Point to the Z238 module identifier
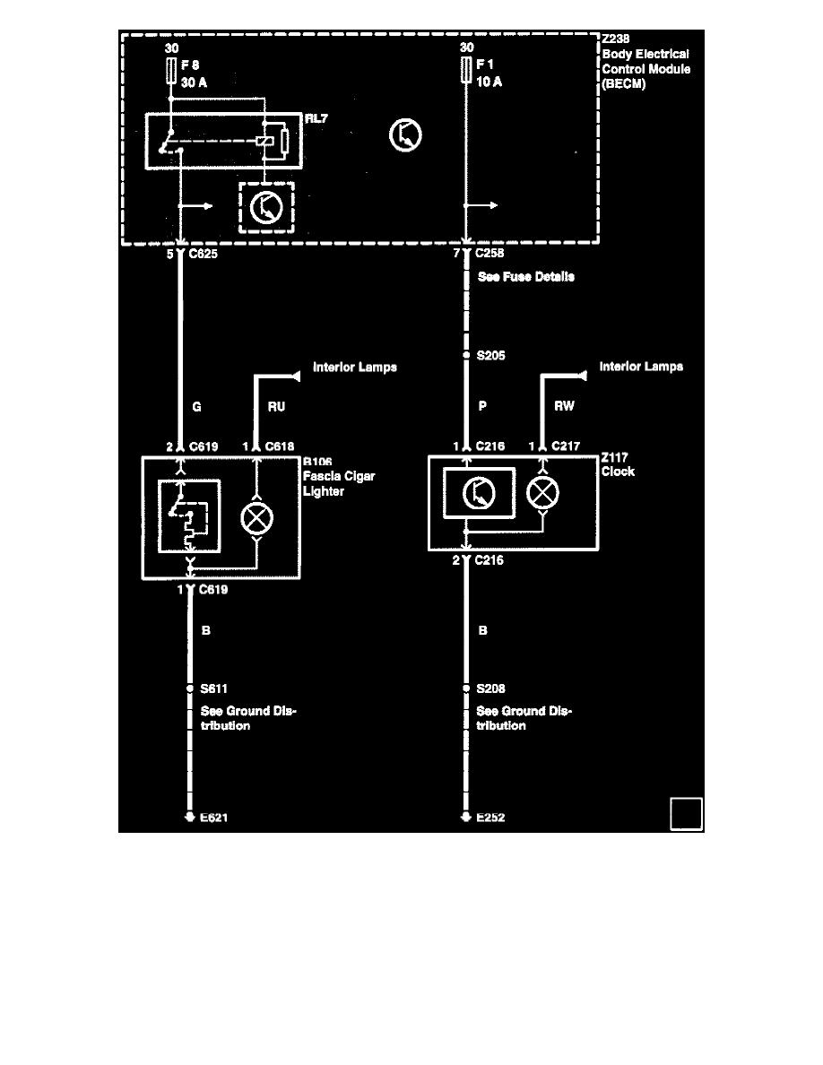point(618,39)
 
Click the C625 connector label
point(204,254)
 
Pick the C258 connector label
point(492,254)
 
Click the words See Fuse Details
point(526,277)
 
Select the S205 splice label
point(491,356)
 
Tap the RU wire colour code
point(276,407)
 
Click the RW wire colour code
point(564,407)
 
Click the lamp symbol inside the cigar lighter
point(256,518)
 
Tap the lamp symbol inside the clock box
point(541,492)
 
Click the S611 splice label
point(214,688)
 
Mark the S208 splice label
point(491,688)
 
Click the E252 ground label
point(491,818)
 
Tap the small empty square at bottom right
point(686,814)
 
